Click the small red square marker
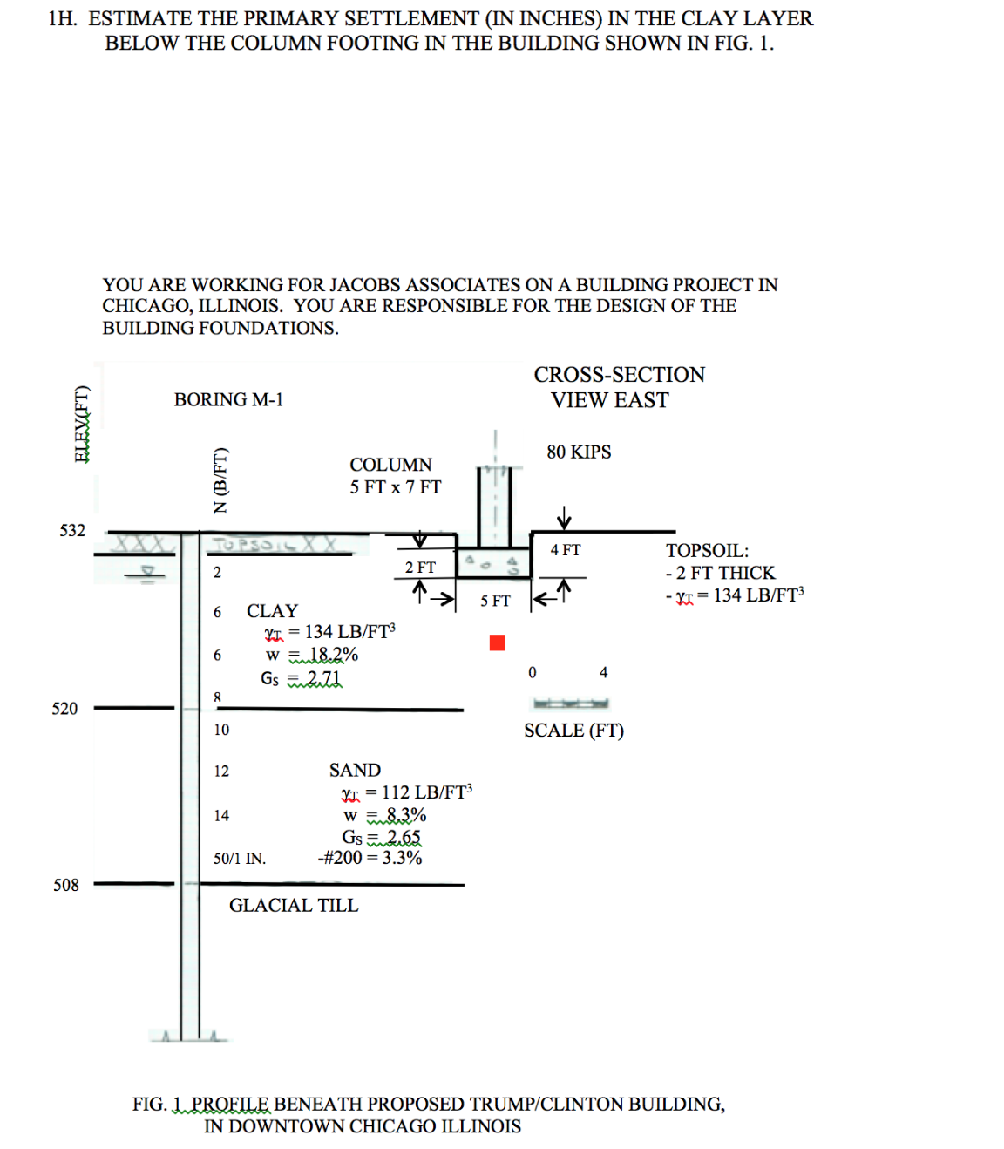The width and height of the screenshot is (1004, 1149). coord(498,642)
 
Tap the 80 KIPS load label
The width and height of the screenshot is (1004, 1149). coord(579,452)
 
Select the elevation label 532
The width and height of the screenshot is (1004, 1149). coord(72,530)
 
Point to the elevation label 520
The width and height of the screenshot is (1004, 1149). coord(64,708)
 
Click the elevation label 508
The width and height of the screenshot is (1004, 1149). coord(65,885)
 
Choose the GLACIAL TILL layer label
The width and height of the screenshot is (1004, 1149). coord(293,905)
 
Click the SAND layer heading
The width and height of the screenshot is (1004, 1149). coord(355,770)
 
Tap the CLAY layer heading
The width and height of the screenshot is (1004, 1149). coord(272,610)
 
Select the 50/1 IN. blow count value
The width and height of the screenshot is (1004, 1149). coord(240,859)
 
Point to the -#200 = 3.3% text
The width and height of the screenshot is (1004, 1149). coord(370,858)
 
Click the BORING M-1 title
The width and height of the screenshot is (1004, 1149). coord(228,399)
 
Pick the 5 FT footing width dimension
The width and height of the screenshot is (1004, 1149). coord(495,601)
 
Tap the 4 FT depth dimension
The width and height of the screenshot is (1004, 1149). coord(565,550)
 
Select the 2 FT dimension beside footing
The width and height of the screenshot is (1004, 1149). coord(420,568)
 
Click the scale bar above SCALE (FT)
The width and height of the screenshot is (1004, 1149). coord(570,703)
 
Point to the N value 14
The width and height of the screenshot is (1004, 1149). coord(221,815)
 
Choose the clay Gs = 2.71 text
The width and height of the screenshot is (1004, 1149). coord(302,677)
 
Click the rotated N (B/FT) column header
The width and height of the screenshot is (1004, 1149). coord(221,480)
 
